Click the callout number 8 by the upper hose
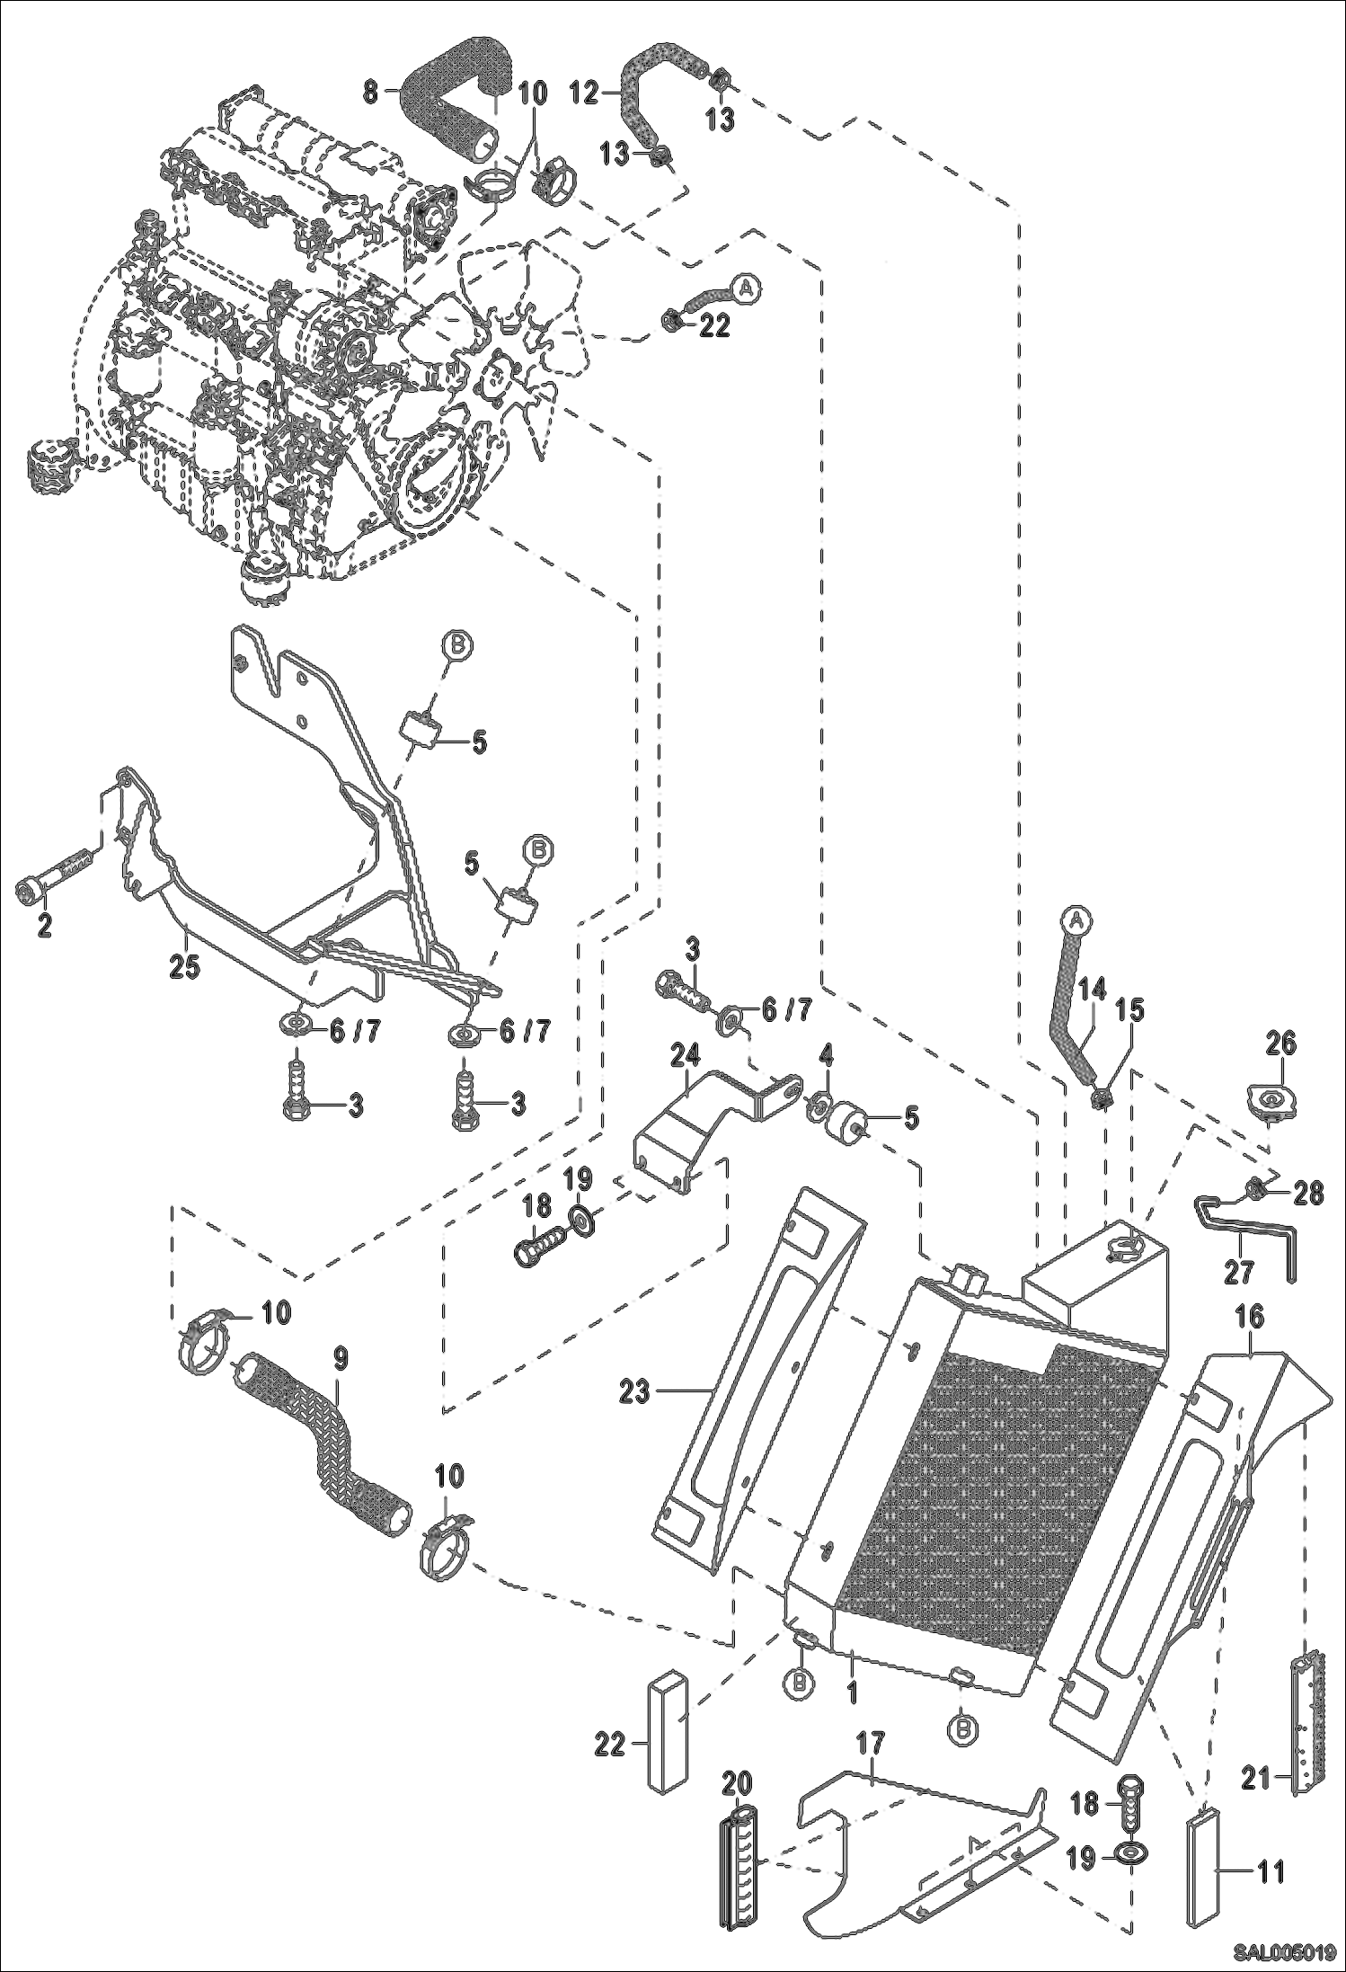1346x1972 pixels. coord(369,90)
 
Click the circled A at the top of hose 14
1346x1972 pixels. coord(1076,919)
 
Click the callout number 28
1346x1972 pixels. coord(1309,1195)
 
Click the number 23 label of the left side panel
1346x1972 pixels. coord(634,1392)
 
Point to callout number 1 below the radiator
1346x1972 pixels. coord(851,1666)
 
